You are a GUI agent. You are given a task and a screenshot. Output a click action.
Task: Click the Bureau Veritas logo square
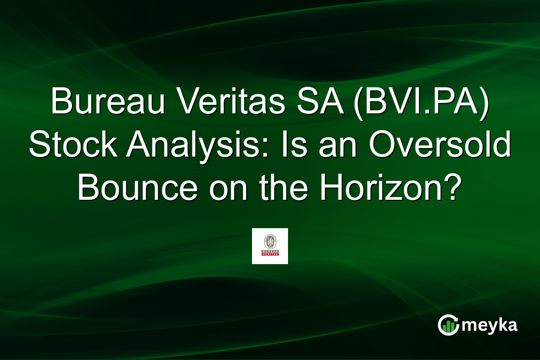[270, 246]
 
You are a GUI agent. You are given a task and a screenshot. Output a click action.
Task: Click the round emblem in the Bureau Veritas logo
[270, 240]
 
